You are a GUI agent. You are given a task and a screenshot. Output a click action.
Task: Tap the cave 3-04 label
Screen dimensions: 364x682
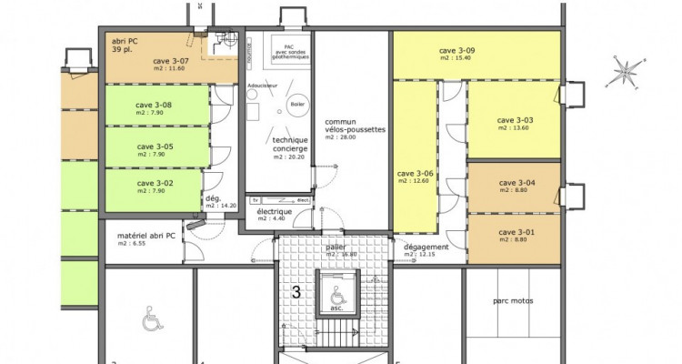point(517,183)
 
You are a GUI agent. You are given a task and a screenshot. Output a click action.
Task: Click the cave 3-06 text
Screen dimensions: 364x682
point(414,174)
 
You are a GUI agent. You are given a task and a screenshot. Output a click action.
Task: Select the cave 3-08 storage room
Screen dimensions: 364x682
point(155,105)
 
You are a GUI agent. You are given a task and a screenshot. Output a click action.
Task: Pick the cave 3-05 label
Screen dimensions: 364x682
point(155,146)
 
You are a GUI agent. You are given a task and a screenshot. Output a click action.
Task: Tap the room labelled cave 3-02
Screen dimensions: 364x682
point(155,183)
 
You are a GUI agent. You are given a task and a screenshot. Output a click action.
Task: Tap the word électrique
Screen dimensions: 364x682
point(274,210)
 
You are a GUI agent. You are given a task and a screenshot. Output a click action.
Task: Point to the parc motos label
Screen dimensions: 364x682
point(513,301)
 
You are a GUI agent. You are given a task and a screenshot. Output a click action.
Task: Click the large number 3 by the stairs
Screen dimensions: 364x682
point(296,293)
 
